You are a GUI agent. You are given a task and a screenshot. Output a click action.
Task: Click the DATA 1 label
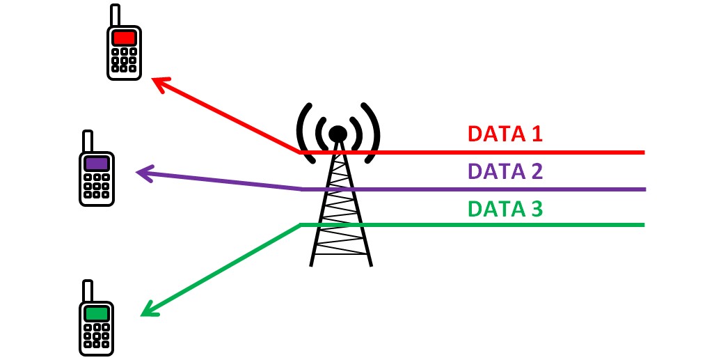[505, 134]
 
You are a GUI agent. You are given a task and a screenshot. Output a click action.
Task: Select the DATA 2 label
[505, 171]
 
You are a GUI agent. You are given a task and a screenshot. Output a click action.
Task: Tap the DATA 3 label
[505, 208]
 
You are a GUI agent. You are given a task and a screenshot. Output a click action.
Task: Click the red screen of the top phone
[124, 38]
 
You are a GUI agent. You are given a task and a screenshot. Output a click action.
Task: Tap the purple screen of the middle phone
[96, 164]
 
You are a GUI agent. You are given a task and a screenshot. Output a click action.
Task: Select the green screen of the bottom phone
[96, 313]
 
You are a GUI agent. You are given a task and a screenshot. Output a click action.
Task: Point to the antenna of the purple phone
[88, 141]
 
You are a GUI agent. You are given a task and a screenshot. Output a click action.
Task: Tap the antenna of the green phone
[88, 291]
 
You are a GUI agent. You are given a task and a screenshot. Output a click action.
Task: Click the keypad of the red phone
[124, 60]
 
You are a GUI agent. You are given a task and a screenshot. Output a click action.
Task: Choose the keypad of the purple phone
[96, 187]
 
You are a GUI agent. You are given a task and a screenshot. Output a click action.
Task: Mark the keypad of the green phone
[96, 336]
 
